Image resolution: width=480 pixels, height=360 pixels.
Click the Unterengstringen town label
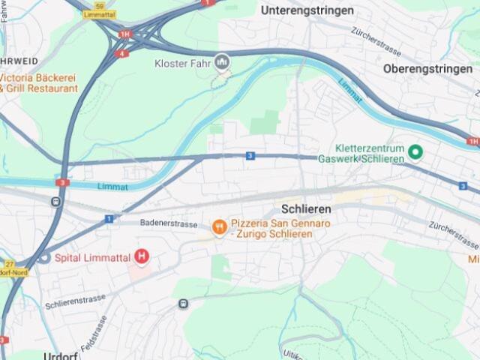pyautogui.click(x=307, y=10)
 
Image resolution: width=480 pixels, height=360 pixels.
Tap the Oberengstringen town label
pyautogui.click(x=428, y=68)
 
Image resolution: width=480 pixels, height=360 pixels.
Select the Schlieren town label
pyautogui.click(x=306, y=209)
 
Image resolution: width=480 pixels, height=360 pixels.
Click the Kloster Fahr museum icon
pyautogui.click(x=221, y=62)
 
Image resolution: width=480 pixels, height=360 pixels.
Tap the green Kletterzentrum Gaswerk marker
pyautogui.click(x=415, y=153)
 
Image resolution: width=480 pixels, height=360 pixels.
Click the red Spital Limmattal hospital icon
pyautogui.click(x=141, y=257)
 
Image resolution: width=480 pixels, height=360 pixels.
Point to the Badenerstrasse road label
pyautogui.click(x=169, y=223)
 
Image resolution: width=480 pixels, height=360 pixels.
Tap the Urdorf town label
pyautogui.click(x=61, y=355)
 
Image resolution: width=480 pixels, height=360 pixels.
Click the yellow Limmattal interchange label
pyautogui.click(x=99, y=14)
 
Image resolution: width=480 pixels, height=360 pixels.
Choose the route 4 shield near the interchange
pyautogui.click(x=121, y=54)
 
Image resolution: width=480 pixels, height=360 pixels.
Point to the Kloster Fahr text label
pyautogui.click(x=182, y=63)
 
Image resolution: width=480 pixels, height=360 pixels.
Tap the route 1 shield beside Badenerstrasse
pyautogui.click(x=109, y=219)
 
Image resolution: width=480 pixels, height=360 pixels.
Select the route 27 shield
pyautogui.click(x=10, y=265)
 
